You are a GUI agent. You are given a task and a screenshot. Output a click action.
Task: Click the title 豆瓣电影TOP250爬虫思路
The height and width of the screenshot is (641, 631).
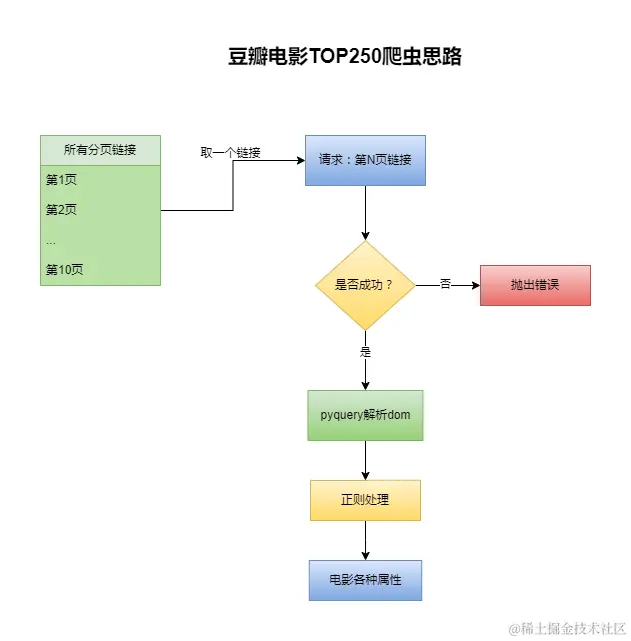[345, 57]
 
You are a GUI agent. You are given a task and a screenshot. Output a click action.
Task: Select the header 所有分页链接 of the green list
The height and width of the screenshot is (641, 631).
[100, 150]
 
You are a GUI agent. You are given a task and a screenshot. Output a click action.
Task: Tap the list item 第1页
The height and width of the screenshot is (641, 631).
[61, 181]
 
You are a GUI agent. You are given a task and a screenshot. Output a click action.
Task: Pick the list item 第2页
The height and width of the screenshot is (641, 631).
[61, 210]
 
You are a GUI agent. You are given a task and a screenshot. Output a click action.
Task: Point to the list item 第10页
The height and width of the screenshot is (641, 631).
[64, 269]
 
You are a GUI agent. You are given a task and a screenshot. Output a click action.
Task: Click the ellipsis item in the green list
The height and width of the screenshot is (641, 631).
[51, 241]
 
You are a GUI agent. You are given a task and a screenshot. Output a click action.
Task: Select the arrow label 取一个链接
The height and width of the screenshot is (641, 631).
[231, 152]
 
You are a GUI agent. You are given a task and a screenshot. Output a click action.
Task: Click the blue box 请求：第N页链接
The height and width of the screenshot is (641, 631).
[365, 160]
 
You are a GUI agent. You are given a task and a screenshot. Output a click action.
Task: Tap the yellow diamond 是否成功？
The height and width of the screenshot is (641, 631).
[365, 285]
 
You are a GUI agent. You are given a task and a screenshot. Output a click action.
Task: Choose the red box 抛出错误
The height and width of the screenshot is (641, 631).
[535, 285]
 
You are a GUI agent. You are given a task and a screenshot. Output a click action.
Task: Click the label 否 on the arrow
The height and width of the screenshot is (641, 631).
[445, 285]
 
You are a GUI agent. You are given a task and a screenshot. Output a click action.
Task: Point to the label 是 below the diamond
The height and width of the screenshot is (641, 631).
[365, 352]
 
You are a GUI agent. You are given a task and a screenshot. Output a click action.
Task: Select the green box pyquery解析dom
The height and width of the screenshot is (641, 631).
[365, 415]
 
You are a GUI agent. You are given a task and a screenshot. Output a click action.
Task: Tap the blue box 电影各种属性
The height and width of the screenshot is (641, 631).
[365, 580]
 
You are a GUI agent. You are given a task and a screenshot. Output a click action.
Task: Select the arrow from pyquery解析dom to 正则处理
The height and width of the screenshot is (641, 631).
[365, 460]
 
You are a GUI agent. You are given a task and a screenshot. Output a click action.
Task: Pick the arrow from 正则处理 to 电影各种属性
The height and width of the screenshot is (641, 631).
[365, 540]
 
